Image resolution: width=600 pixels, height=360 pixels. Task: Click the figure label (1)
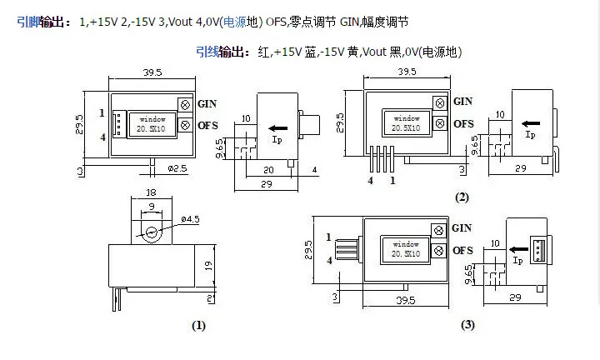[198, 326]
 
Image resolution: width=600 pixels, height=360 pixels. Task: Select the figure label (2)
[462, 197]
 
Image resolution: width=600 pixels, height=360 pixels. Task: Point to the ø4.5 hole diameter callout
[191, 220]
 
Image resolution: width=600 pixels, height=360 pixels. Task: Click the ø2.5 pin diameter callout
[177, 169]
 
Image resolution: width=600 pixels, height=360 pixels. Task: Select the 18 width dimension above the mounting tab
[151, 192]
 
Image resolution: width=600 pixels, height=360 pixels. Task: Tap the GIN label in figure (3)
[461, 227]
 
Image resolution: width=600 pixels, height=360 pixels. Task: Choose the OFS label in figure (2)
[463, 123]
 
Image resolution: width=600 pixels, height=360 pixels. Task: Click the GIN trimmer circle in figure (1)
[183, 103]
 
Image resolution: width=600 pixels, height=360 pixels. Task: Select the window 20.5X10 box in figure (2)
[407, 123]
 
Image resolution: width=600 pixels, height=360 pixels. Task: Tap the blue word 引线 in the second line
[207, 52]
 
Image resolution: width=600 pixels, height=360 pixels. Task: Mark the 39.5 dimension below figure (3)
[407, 299]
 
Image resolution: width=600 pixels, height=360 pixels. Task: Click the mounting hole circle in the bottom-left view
[152, 232]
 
